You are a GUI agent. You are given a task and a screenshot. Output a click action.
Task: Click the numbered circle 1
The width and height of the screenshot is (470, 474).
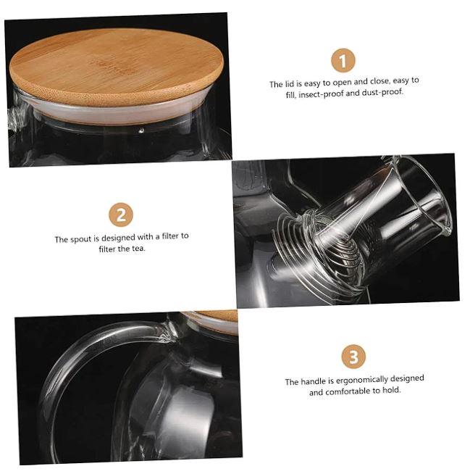click(x=343, y=60)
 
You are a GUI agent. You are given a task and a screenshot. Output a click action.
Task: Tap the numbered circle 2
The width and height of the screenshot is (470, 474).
click(x=121, y=215)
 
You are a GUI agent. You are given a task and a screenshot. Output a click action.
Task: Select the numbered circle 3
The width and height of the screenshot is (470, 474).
click(x=353, y=357)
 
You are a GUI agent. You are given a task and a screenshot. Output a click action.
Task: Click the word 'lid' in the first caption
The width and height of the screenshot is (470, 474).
click(x=289, y=84)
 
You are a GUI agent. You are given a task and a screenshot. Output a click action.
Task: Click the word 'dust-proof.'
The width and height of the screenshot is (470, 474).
click(x=382, y=92)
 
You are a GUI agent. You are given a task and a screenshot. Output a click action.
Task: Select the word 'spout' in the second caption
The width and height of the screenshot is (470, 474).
click(x=80, y=239)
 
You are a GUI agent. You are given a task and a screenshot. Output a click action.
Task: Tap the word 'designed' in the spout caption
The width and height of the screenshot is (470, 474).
click(x=118, y=238)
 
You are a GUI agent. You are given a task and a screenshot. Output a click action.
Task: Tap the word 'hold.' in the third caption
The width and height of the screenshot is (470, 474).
click(x=391, y=390)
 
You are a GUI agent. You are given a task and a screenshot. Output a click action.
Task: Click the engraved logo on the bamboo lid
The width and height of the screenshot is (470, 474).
click(x=112, y=67)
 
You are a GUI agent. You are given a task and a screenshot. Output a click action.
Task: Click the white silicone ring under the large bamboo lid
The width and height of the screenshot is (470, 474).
click(x=121, y=112)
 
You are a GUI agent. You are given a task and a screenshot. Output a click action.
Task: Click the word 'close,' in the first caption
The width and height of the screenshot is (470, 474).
click(x=379, y=81)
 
